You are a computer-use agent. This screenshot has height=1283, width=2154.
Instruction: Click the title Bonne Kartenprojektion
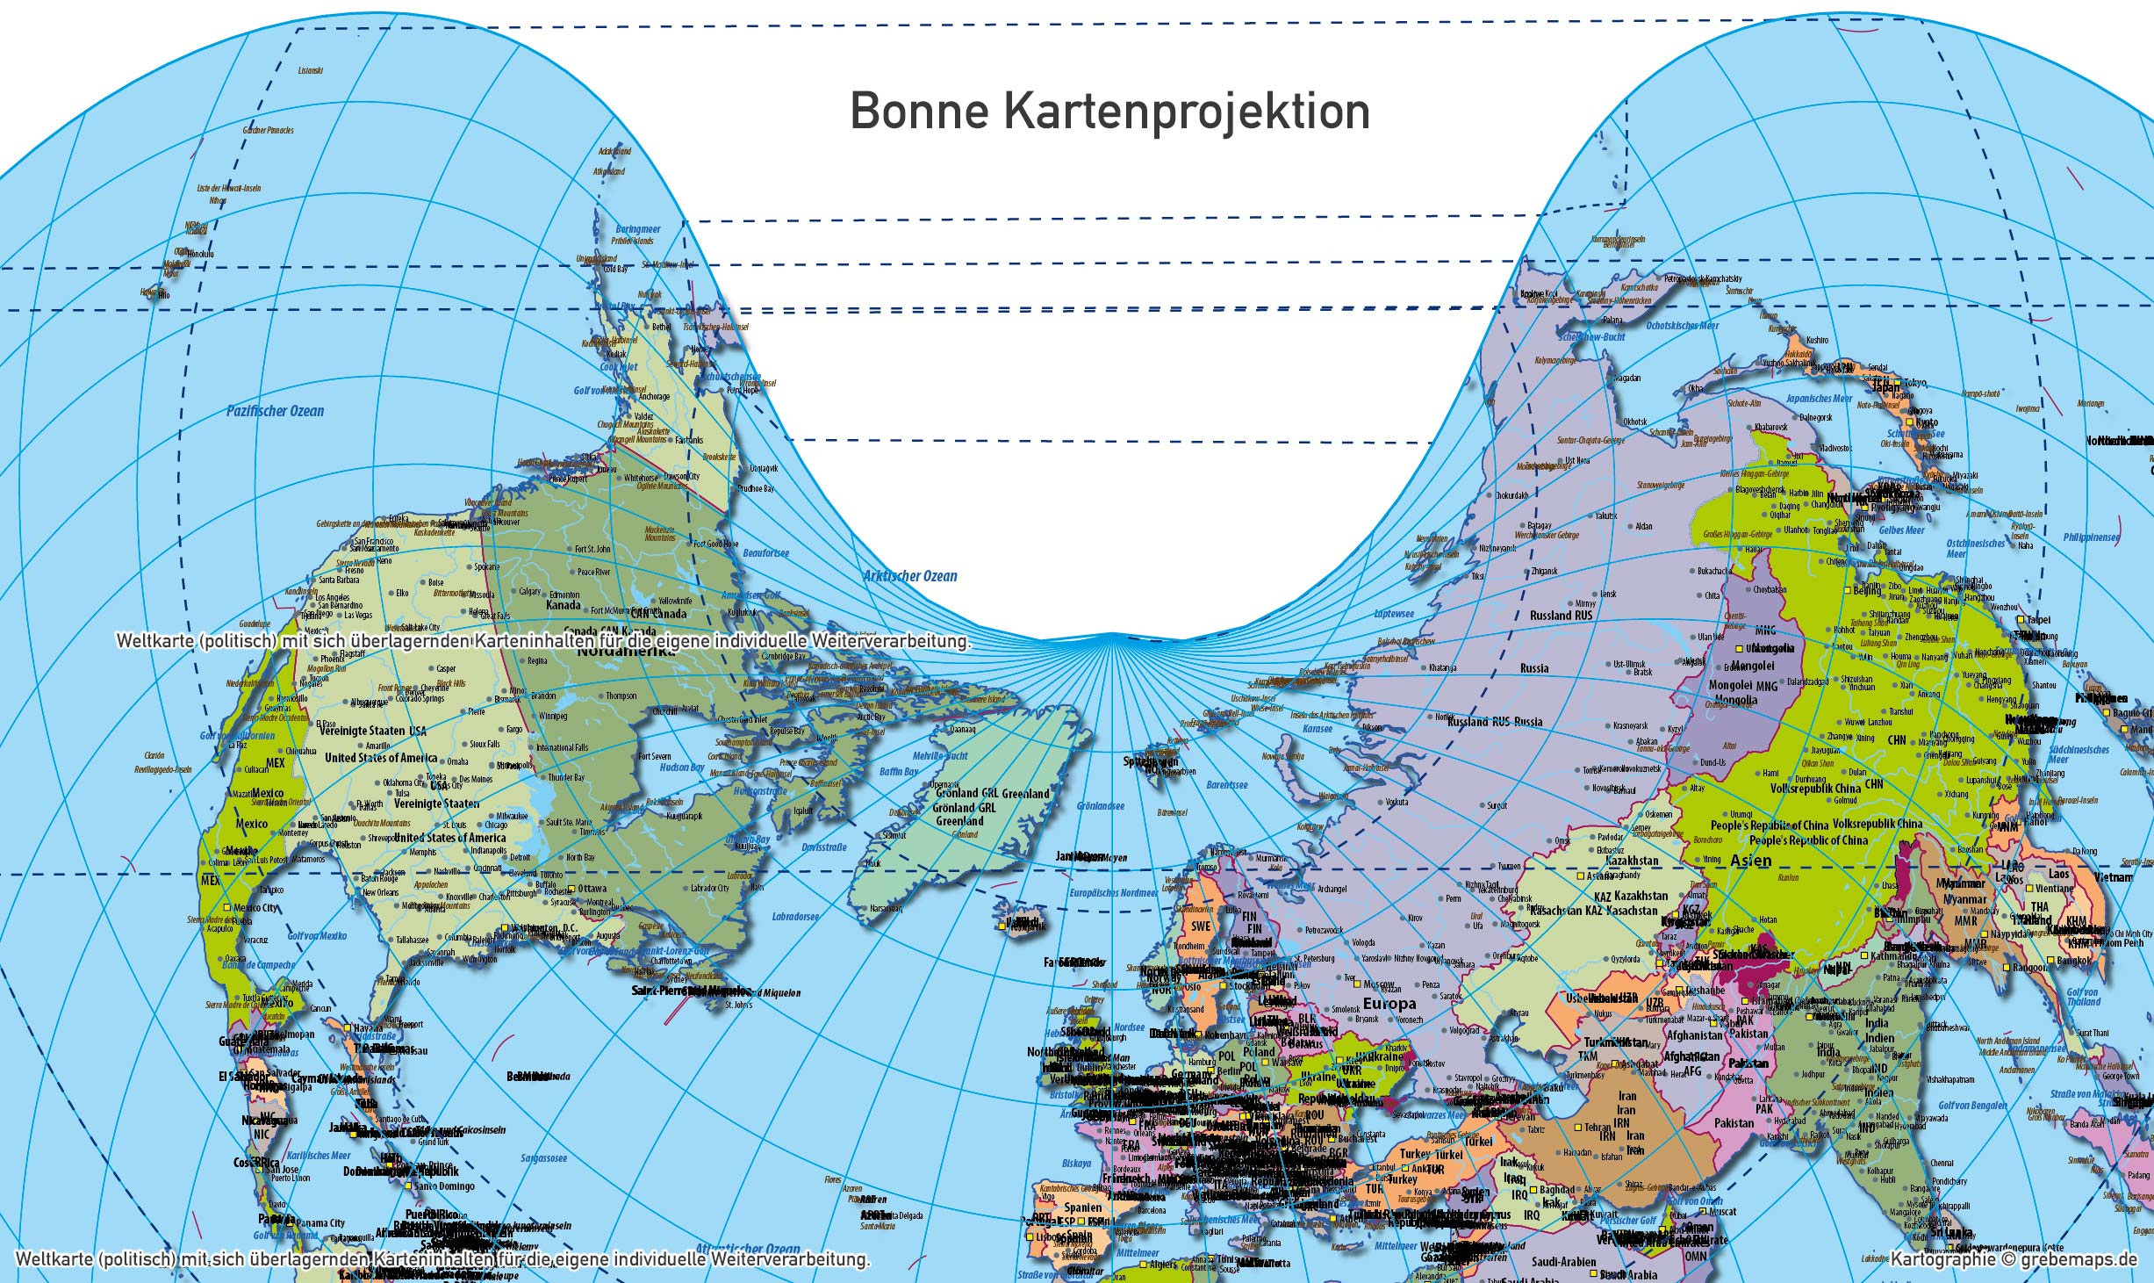tap(1109, 112)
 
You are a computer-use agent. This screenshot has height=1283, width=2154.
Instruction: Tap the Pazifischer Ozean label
tap(275, 411)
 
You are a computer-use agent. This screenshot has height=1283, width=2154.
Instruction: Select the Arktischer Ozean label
tap(909, 576)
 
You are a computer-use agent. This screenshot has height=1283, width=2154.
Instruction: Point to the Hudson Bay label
tap(682, 768)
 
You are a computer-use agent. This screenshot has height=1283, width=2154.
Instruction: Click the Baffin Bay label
tap(899, 772)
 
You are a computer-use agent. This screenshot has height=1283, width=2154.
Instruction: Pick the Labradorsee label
tap(795, 917)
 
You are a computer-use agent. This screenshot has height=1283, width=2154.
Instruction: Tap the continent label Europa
tap(1389, 1003)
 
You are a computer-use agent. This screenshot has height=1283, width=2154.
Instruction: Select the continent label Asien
tap(1750, 861)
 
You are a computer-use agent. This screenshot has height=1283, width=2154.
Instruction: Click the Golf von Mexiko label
tap(317, 936)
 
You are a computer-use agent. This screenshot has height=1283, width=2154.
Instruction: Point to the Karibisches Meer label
tap(320, 1156)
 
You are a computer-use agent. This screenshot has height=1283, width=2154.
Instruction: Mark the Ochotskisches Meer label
tap(1682, 326)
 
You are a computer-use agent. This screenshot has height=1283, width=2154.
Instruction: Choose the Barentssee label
tap(1227, 785)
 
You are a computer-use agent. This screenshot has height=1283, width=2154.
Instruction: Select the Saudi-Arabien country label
tap(1563, 1262)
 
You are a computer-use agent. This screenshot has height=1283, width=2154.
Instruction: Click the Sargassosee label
tap(543, 1157)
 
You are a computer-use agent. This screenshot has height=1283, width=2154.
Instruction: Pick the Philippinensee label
tap(2091, 537)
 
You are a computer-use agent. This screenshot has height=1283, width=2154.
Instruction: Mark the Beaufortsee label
tap(765, 553)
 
